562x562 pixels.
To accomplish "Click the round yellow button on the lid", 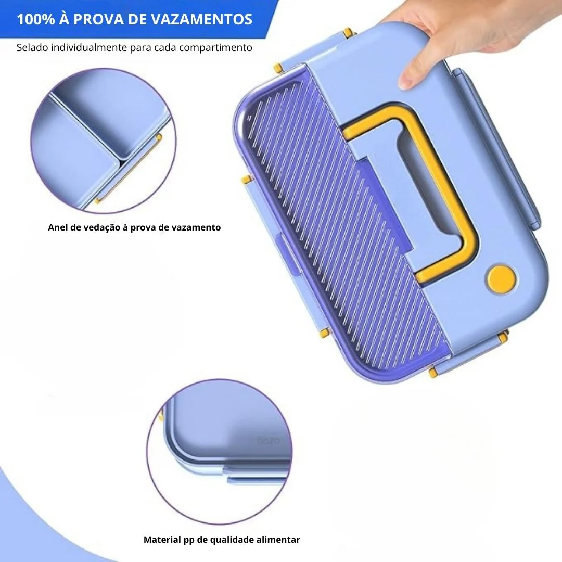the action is point(501,278).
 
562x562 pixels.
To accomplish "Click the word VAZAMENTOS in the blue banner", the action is point(201,19).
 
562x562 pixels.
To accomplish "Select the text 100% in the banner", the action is point(35,19).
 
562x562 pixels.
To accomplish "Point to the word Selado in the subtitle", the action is point(32,47).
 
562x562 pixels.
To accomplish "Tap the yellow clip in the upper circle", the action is point(129,169).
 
